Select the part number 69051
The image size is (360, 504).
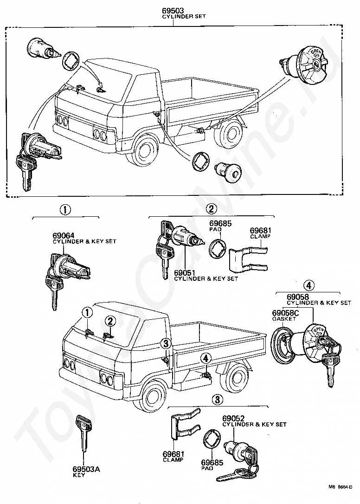(x=184, y=273)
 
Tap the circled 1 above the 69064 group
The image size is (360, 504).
(x=65, y=209)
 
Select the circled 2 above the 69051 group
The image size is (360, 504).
(x=211, y=208)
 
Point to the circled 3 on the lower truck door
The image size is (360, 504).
(x=166, y=343)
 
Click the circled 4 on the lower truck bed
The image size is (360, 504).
(x=206, y=358)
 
